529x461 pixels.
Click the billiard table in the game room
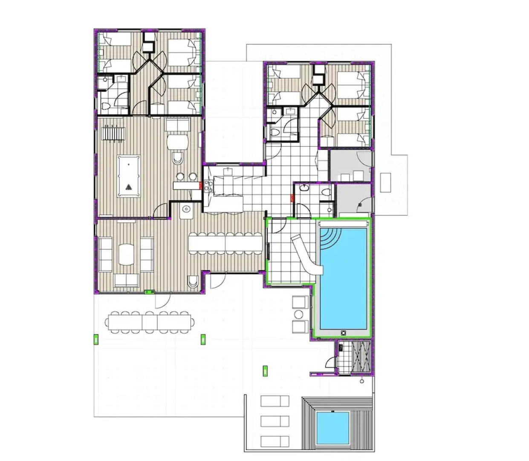(129, 176)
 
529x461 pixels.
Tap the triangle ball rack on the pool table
(129, 187)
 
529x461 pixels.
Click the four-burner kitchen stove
(208, 185)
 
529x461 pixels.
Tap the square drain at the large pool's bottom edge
(343, 333)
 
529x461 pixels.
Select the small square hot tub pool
(332, 427)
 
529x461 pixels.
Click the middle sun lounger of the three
(275, 420)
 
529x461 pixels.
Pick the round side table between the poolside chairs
(299, 315)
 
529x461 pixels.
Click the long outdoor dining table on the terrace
(149, 322)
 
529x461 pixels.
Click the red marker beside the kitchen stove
(202, 185)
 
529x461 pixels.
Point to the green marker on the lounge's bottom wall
(150, 292)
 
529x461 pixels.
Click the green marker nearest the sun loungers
(266, 371)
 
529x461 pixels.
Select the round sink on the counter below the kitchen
(186, 210)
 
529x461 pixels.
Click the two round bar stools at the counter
(187, 176)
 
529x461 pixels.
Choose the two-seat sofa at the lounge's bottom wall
(127, 280)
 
